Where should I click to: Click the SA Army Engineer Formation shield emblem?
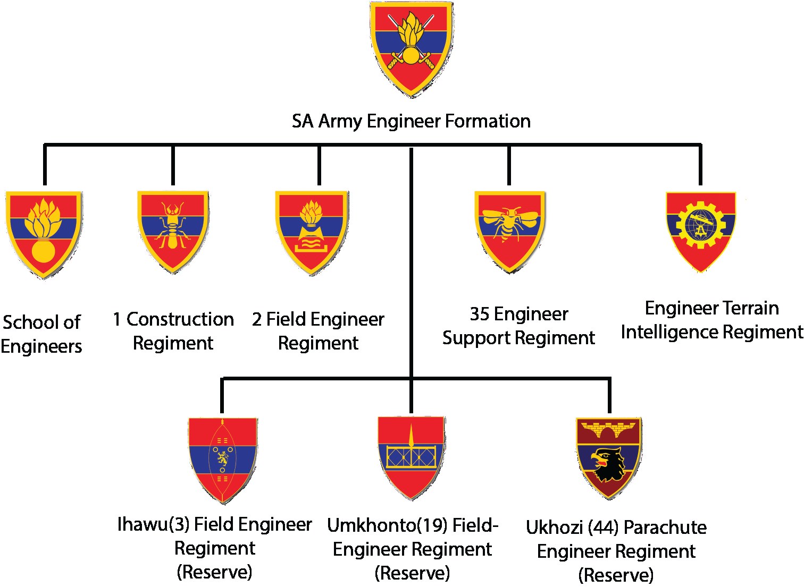[x=412, y=49]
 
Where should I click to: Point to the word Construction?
[x=180, y=320]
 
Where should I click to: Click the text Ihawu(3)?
[x=153, y=525]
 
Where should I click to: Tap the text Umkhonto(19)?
[x=387, y=526]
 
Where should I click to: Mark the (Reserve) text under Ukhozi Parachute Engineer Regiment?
[x=616, y=575]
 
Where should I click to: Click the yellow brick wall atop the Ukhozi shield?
[x=609, y=429]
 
